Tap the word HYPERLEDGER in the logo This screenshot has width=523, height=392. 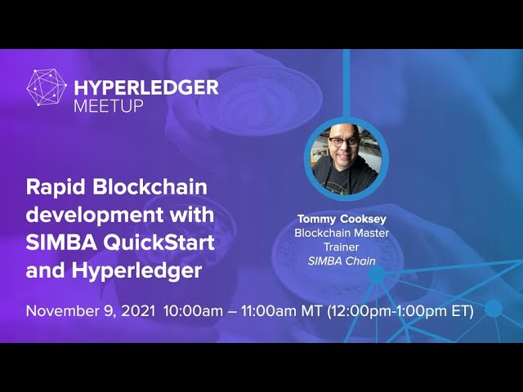(x=146, y=87)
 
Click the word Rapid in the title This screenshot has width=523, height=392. (x=54, y=187)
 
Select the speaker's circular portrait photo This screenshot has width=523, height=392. (x=346, y=158)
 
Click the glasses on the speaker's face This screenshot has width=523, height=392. (x=343, y=141)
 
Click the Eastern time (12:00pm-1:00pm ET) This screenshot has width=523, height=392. (x=400, y=311)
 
